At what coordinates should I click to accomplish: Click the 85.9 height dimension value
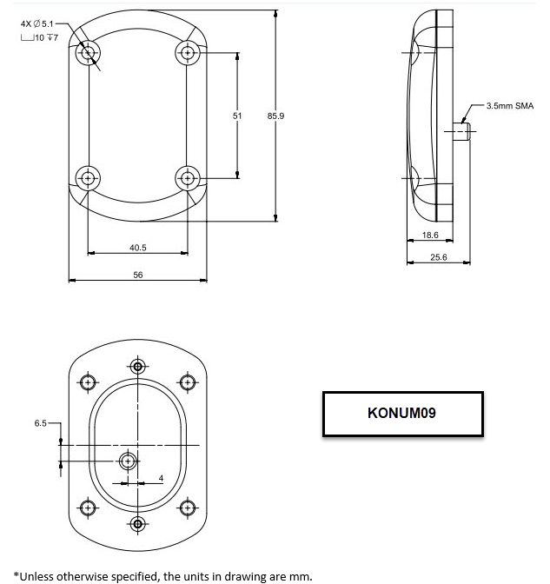[x=275, y=116]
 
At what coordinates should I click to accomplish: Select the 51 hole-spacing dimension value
[x=237, y=116]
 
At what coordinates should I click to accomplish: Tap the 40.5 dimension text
[x=138, y=248]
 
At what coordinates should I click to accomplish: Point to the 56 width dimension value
[x=138, y=275]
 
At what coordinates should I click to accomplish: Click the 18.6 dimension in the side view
[x=430, y=235]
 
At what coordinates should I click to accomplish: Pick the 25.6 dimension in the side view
[x=439, y=257]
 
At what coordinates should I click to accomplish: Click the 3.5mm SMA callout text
[x=510, y=106]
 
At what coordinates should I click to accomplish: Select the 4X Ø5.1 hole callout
[x=37, y=23]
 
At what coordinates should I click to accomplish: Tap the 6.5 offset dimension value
[x=40, y=423]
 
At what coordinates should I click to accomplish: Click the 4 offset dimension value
[x=161, y=478]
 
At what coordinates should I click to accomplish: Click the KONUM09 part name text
[x=401, y=413]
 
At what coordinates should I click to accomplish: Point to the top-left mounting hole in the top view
[x=88, y=52]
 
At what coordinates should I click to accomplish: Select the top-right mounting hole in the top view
[x=188, y=52]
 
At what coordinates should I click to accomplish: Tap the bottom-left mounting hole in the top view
[x=88, y=178]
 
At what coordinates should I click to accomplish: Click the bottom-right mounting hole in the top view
[x=188, y=178]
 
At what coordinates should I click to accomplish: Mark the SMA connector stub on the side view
[x=461, y=131]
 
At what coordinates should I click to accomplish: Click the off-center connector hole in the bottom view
[x=128, y=461]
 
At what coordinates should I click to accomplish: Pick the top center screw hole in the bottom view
[x=138, y=367]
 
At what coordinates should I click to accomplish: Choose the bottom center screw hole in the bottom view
[x=138, y=524]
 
